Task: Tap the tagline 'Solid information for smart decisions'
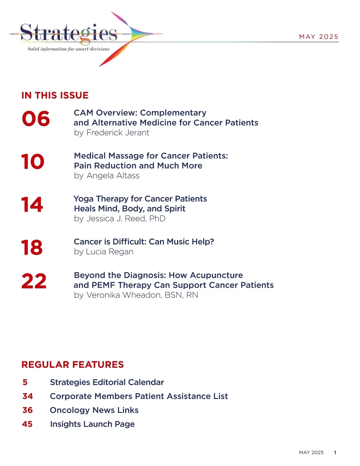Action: [68, 49]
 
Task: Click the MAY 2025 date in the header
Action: [319, 37]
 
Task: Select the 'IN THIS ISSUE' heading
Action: [55, 95]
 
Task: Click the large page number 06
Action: [36, 119]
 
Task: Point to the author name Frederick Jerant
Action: [118, 133]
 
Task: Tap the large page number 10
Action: [33, 162]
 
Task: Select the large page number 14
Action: [32, 205]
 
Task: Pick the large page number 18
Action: [32, 248]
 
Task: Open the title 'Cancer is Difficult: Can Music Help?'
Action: [144, 242]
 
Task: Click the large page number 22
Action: [34, 281]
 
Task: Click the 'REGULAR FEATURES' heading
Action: [73, 365]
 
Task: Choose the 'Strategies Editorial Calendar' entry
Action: [107, 382]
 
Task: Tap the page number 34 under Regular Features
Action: [28, 396]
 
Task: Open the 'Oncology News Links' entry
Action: [94, 410]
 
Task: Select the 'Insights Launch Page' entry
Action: [92, 424]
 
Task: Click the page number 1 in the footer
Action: [335, 452]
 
